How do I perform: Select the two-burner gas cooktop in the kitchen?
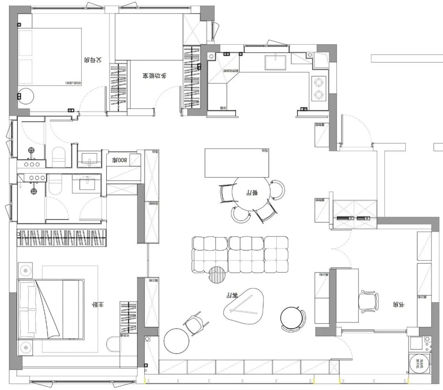[319, 88]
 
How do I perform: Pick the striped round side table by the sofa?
[217, 275]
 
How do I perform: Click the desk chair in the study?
[368, 301]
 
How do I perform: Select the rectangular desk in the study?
[345, 296]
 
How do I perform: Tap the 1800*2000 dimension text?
[73, 83]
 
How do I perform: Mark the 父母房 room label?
[92, 60]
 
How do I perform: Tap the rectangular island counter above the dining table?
[237, 163]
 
